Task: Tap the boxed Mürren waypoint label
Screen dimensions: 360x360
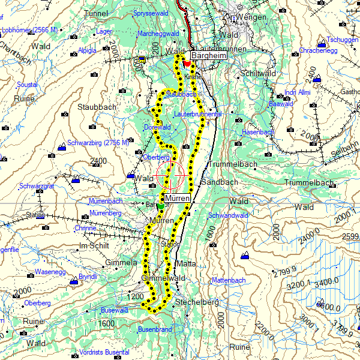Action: pos(177,198)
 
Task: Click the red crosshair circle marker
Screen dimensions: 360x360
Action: pos(170,176)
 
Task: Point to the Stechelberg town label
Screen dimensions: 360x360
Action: pos(199,302)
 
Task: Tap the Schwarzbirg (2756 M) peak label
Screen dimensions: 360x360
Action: pos(98,143)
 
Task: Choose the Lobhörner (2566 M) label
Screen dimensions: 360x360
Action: pos(29,30)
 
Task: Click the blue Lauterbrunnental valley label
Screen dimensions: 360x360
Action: pos(198,113)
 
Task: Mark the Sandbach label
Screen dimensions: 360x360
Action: pos(219,182)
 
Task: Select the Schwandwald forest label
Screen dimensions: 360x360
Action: pos(228,215)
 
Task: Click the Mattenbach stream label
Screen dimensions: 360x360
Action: pos(229,280)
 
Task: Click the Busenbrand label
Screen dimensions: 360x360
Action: pos(155,329)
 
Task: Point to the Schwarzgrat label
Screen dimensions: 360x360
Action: pos(37,187)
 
